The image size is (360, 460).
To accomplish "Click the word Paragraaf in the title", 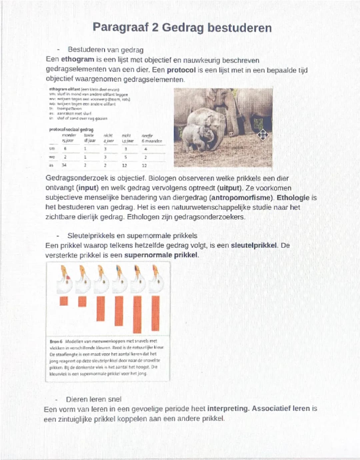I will [120, 27].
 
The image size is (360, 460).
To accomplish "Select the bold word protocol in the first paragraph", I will [181, 70].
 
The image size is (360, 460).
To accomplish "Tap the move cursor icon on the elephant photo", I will [263, 135].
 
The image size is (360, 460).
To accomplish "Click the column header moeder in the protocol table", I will [69, 135].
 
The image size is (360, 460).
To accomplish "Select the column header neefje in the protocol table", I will [147, 136].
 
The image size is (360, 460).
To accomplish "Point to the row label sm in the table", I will [52, 149].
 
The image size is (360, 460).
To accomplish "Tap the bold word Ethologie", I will [293, 198].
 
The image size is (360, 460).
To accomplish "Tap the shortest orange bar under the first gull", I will [64, 301].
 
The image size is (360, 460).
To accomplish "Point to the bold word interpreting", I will [228, 409].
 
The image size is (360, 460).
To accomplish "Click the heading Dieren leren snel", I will [94, 399].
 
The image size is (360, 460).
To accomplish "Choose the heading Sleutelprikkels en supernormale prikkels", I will [132, 236].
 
